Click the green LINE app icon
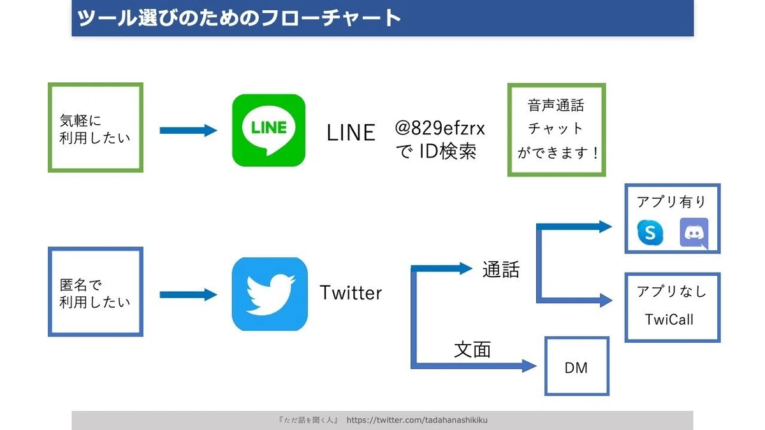pyautogui.click(x=269, y=131)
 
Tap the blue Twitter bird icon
pyautogui.click(x=270, y=294)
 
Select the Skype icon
pyautogui.click(x=650, y=233)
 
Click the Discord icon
pyautogui.click(x=694, y=233)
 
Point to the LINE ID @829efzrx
pyautogui.click(x=439, y=128)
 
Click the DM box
pyautogui.click(x=577, y=366)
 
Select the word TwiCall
pyautogui.click(x=669, y=320)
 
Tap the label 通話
pyautogui.click(x=500, y=269)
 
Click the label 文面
pyautogui.click(x=472, y=349)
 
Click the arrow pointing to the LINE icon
pyautogui.click(x=188, y=131)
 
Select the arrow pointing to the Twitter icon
pyautogui.click(x=188, y=295)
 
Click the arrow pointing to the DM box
pyautogui.click(x=474, y=366)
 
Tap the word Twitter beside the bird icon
pyautogui.click(x=351, y=293)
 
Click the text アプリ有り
pyautogui.click(x=671, y=202)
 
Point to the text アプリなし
pyautogui.click(x=671, y=292)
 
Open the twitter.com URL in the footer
pyautogui.click(x=417, y=420)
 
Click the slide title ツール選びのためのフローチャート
pyautogui.click(x=239, y=18)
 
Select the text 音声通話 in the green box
pyautogui.click(x=556, y=106)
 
